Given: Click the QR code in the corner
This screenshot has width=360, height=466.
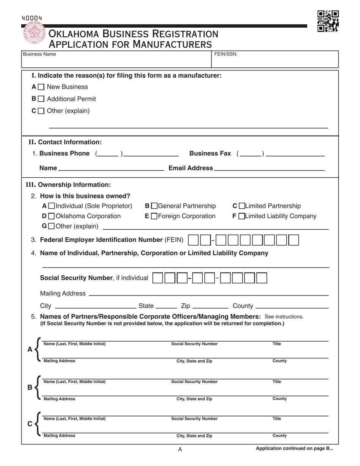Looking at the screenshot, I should point(328,21).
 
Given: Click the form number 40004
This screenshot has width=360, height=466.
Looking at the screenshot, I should point(32,18).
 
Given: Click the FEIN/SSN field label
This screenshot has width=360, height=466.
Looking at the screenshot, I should point(226,54).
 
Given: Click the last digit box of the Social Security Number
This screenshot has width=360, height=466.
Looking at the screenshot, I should point(261,278).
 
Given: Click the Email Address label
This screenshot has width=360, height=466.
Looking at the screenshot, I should point(190,168).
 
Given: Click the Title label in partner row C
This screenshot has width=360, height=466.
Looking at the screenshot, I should point(277,419).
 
